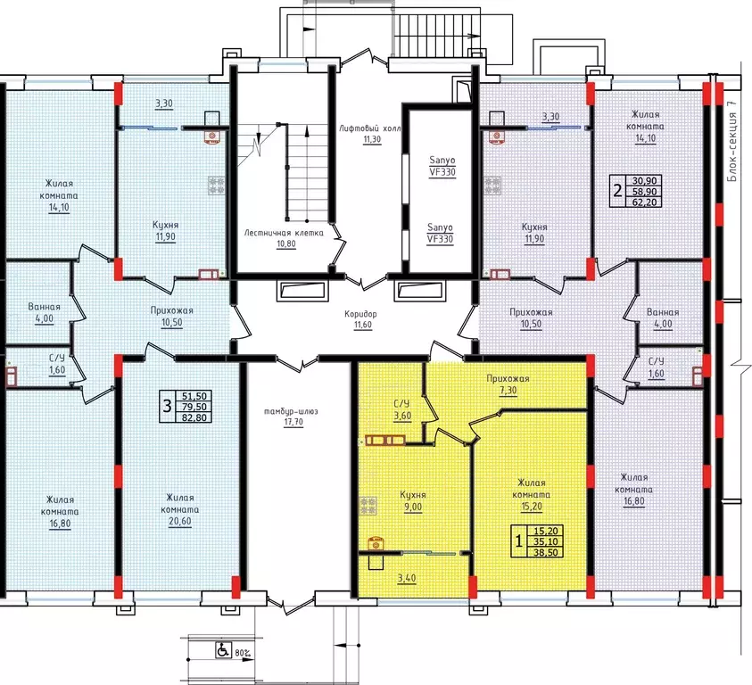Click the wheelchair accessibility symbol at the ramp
pyautogui.click(x=224, y=650)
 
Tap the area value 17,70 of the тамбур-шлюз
pyautogui.click(x=293, y=423)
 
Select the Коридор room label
pyautogui.click(x=360, y=314)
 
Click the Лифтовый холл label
pyautogui.click(x=369, y=128)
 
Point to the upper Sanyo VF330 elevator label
pyautogui.click(x=442, y=167)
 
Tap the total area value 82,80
pyautogui.click(x=194, y=417)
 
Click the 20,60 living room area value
pyautogui.click(x=180, y=522)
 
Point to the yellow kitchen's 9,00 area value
pyautogui.click(x=413, y=507)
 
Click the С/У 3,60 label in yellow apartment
pyautogui.click(x=402, y=410)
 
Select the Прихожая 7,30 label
pyautogui.click(x=508, y=384)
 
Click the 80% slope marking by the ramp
pyautogui.click(x=243, y=653)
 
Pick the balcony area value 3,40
pyautogui.click(x=407, y=578)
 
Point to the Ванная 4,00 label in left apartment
pyautogui.click(x=44, y=312)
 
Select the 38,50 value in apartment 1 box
pyautogui.click(x=545, y=552)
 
